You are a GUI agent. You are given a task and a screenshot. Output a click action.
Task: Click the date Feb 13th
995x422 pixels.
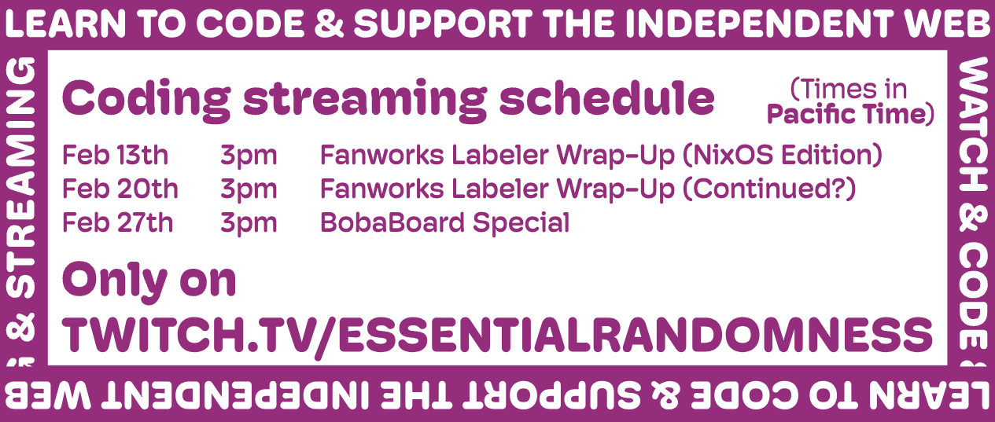point(115,155)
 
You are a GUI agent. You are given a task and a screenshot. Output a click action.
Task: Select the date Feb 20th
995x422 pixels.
point(120,189)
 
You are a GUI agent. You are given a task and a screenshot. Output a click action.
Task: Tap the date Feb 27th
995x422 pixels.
point(118,222)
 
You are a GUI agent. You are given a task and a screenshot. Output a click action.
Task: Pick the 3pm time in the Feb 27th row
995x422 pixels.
point(249,225)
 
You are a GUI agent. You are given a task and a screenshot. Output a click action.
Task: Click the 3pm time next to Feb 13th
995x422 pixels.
point(249,157)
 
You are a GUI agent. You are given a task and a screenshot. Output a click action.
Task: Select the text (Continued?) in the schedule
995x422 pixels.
point(768,189)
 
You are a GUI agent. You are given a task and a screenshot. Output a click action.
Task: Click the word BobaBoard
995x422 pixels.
point(392,222)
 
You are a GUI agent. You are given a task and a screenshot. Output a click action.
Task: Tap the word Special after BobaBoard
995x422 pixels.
point(521,224)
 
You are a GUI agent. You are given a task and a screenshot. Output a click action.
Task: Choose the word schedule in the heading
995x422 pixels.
point(606,97)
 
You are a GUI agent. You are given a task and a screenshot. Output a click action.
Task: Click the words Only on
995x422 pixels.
point(149,281)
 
